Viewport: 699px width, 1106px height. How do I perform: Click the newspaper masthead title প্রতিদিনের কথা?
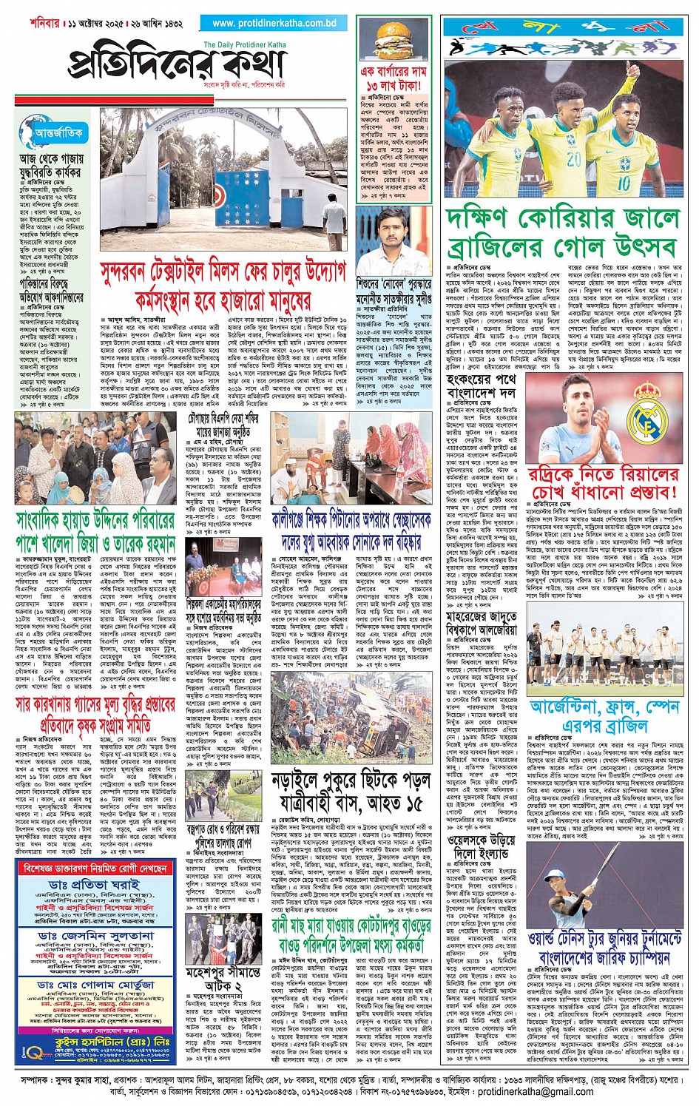(178, 65)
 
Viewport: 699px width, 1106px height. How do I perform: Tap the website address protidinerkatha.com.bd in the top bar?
(274, 23)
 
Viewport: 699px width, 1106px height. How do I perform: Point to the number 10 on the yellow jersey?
(624, 181)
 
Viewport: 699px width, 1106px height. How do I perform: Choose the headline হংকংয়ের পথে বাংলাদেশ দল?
(482, 385)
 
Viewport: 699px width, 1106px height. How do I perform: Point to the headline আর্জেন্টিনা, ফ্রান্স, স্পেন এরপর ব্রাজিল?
(604, 715)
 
